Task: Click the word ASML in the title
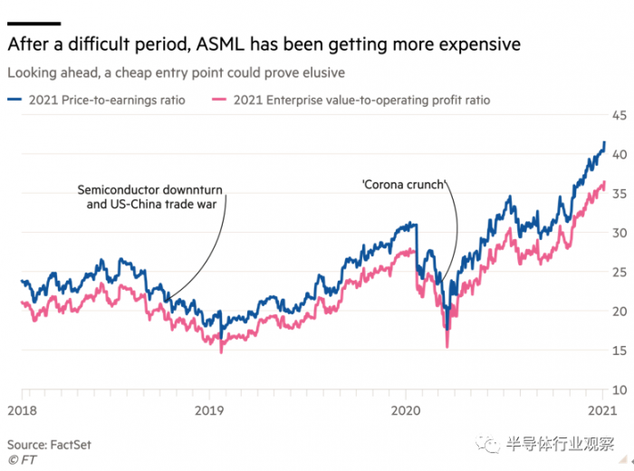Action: click(219, 43)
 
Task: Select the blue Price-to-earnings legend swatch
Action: click(14, 100)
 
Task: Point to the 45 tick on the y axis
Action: click(620, 115)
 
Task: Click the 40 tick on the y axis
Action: click(620, 155)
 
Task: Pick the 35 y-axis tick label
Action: click(620, 194)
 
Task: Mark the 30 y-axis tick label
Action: click(620, 233)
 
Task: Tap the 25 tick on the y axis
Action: click(620, 272)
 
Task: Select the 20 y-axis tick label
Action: click(620, 312)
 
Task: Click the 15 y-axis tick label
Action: click(620, 351)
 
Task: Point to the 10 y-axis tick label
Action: click(620, 389)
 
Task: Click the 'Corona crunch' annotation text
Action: click(404, 185)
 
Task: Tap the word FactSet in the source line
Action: click(71, 445)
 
